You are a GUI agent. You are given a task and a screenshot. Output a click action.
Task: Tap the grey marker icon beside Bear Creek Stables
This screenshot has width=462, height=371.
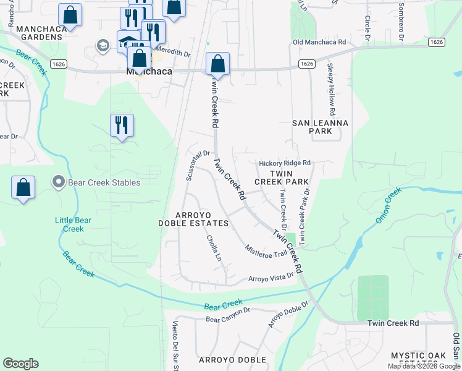pyautogui.click(x=59, y=182)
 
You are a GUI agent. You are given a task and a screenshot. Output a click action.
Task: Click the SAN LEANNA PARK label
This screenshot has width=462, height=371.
pyautogui.click(x=320, y=127)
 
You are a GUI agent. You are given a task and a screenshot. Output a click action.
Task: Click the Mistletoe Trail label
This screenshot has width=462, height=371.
pyautogui.click(x=266, y=250)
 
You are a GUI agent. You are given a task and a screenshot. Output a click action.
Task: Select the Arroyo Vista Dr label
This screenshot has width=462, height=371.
pyautogui.click(x=270, y=278)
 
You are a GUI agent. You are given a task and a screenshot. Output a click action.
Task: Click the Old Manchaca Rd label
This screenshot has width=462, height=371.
pyautogui.click(x=320, y=42)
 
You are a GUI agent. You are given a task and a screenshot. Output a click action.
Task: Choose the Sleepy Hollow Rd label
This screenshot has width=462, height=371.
pyautogui.click(x=331, y=89)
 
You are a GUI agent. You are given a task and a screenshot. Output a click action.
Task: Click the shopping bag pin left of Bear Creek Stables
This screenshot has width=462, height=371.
pyautogui.click(x=23, y=187)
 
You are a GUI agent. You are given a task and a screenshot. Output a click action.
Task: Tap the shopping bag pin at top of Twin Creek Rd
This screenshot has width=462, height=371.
pyautogui.click(x=217, y=64)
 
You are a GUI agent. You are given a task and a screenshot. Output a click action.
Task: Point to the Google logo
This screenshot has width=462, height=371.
pyautogui.click(x=20, y=364)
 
